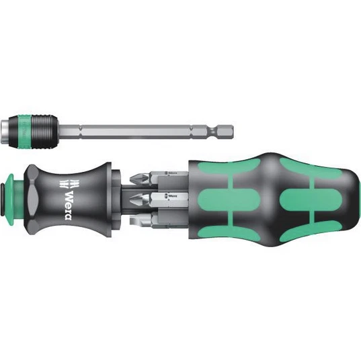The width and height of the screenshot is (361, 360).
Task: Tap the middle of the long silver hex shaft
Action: [x=155, y=126]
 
